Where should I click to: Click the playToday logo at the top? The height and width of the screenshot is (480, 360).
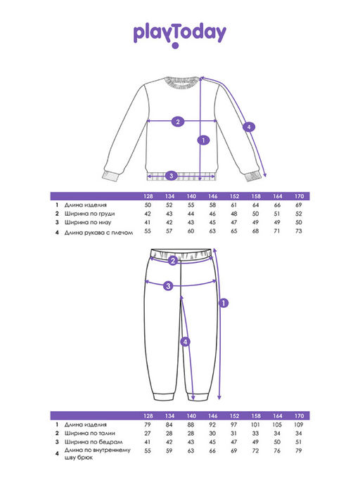[180, 34]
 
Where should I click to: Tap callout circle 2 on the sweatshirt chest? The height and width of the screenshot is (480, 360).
[178, 122]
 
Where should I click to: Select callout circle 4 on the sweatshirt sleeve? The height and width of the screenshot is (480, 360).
[248, 127]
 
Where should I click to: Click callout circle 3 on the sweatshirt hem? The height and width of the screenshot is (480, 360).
[171, 176]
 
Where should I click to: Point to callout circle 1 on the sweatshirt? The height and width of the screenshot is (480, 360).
[203, 141]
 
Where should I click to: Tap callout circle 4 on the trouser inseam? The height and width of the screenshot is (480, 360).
[185, 342]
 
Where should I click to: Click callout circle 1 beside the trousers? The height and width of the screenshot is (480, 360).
[224, 303]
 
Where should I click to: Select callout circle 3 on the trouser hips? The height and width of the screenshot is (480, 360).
[168, 286]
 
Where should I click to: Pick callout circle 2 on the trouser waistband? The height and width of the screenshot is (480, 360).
[173, 261]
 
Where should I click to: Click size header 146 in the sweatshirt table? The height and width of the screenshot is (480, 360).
[212, 196]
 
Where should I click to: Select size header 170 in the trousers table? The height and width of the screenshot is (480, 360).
[299, 416]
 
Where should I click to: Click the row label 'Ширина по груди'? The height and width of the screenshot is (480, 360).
[89, 214]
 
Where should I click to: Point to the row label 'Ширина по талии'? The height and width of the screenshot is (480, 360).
[89, 433]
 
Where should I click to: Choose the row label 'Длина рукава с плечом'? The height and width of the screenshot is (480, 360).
[98, 233]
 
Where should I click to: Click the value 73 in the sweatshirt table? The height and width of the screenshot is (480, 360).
[299, 231]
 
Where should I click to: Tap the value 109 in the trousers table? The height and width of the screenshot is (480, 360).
[298, 424]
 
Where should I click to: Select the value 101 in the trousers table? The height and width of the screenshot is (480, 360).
[255, 424]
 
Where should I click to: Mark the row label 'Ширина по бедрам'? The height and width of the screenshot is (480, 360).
[93, 442]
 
